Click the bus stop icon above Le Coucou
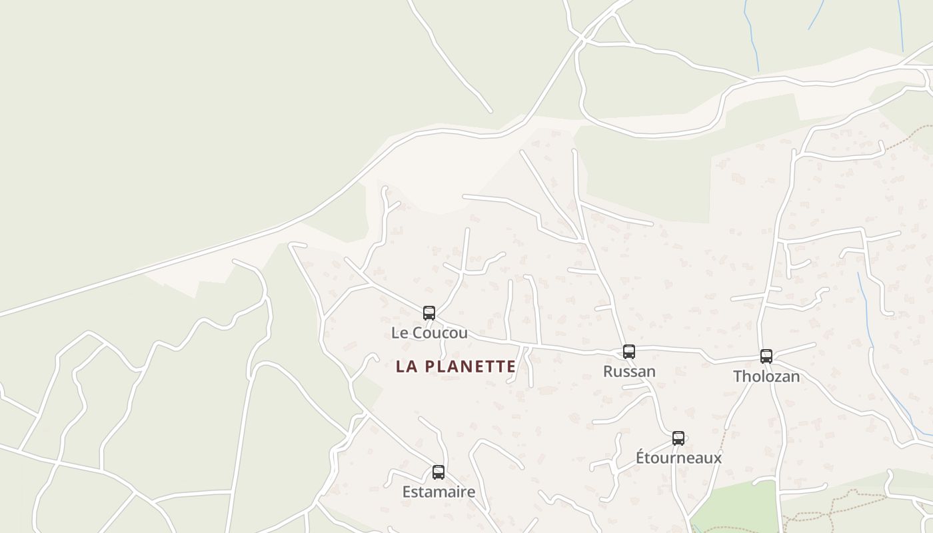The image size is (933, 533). [x=429, y=312]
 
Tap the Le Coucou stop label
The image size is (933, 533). [x=429, y=332]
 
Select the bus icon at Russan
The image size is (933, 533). [x=628, y=351]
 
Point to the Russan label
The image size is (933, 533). [x=629, y=371]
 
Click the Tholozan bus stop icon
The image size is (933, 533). [x=766, y=356]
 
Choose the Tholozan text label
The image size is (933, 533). [x=766, y=376]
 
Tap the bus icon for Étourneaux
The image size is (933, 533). [x=678, y=438]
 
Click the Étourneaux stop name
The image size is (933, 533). [x=678, y=458]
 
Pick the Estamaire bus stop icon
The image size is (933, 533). [x=438, y=472]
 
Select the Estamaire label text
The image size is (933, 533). [x=439, y=492]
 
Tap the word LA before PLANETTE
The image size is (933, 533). [x=407, y=366]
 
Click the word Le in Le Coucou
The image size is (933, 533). [x=399, y=332]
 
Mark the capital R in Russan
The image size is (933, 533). [x=608, y=371]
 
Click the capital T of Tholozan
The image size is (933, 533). [x=738, y=376]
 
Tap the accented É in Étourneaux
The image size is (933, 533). [x=640, y=457]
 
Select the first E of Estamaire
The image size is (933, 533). [x=406, y=492]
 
